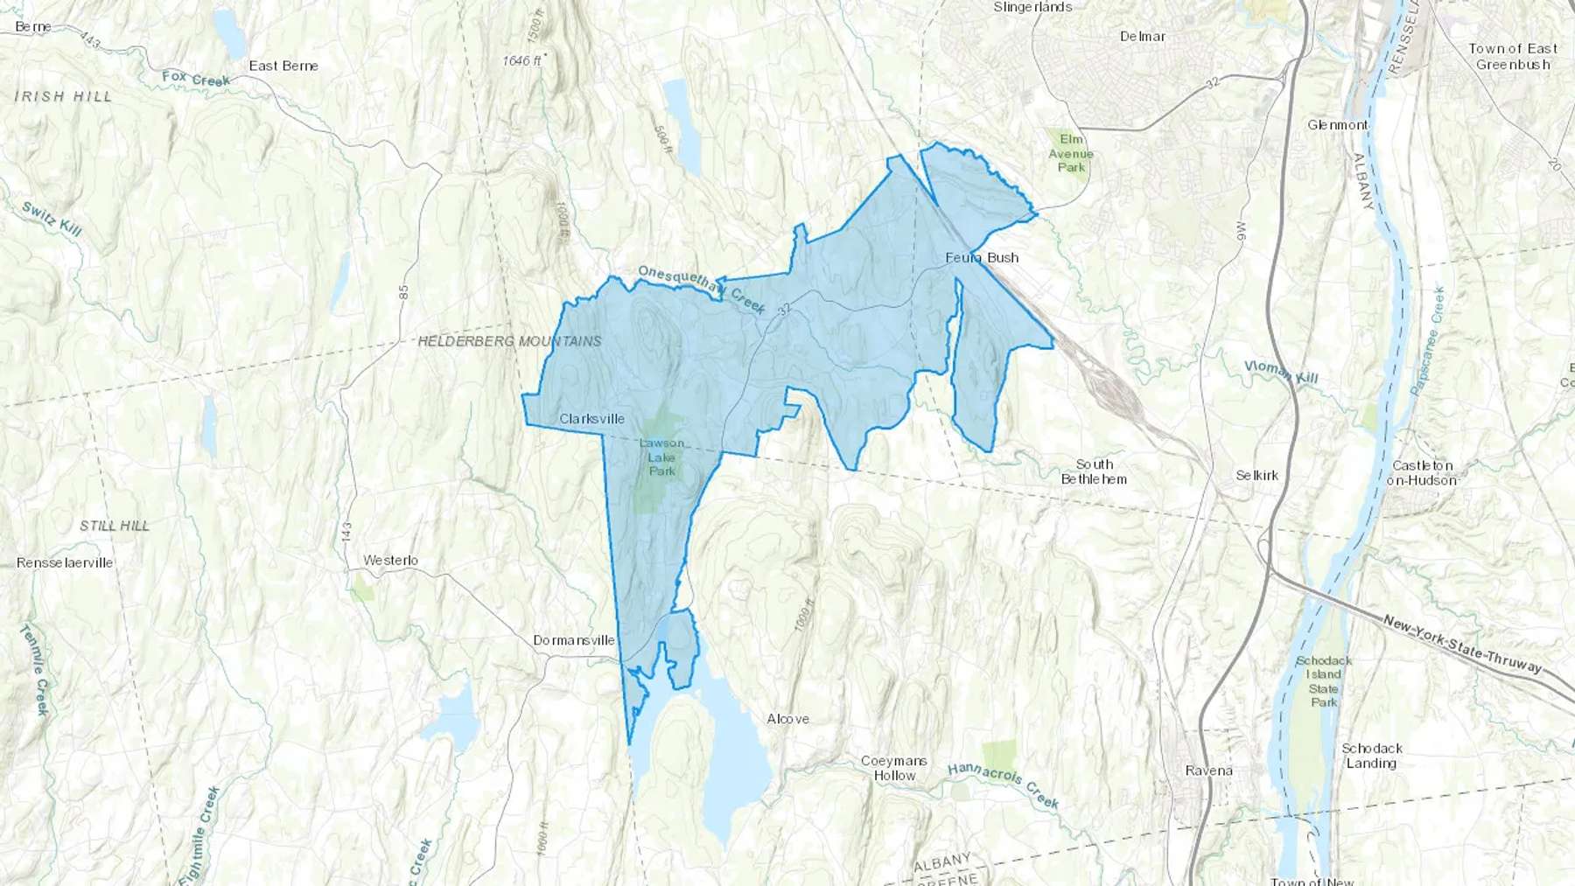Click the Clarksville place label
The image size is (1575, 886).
tap(591, 419)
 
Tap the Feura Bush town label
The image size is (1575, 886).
tap(982, 258)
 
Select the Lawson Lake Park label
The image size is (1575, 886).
tap(661, 457)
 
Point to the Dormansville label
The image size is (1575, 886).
tap(574, 640)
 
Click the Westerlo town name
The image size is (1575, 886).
tap(390, 561)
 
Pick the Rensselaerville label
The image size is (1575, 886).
tap(65, 562)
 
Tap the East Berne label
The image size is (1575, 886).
tap(283, 66)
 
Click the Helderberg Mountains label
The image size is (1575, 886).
tap(509, 341)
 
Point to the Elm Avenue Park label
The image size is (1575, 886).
tap(1071, 153)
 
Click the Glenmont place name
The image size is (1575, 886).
tap(1338, 125)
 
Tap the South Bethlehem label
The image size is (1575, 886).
tap(1094, 471)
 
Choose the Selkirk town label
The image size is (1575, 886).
tap(1257, 476)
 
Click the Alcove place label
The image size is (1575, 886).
tap(787, 719)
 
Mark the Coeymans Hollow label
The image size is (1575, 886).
tap(894, 768)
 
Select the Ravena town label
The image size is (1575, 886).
tap(1208, 771)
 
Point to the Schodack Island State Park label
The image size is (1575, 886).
tap(1324, 681)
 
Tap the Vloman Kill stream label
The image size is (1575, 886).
tap(1281, 372)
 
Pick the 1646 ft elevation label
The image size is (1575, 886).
tap(523, 60)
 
